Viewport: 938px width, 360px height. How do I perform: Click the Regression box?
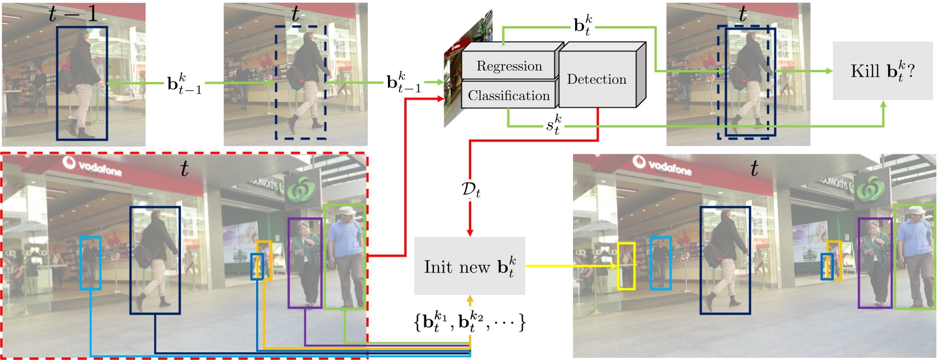[x=509, y=66]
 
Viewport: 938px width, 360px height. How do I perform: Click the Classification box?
[x=508, y=96]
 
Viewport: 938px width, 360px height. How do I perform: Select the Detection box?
[x=597, y=79]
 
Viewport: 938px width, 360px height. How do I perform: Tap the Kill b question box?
[x=882, y=71]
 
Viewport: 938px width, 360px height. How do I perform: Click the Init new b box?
[x=470, y=266]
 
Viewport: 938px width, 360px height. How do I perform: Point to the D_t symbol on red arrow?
[x=471, y=190]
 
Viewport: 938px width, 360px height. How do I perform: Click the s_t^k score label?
[x=553, y=124]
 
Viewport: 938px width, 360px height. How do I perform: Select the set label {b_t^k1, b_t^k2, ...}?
[x=470, y=321]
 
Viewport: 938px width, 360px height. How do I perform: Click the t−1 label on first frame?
[x=73, y=14]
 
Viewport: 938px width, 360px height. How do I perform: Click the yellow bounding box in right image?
[x=626, y=266]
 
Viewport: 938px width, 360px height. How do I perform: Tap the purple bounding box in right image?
[x=875, y=263]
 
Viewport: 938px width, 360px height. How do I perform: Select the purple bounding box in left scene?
[x=305, y=263]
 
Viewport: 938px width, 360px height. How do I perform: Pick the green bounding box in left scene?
[x=344, y=257]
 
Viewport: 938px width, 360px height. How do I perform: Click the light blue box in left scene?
[x=90, y=263]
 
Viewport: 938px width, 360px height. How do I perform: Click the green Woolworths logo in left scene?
[x=299, y=189]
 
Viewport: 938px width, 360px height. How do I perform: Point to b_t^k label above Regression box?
[x=582, y=25]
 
